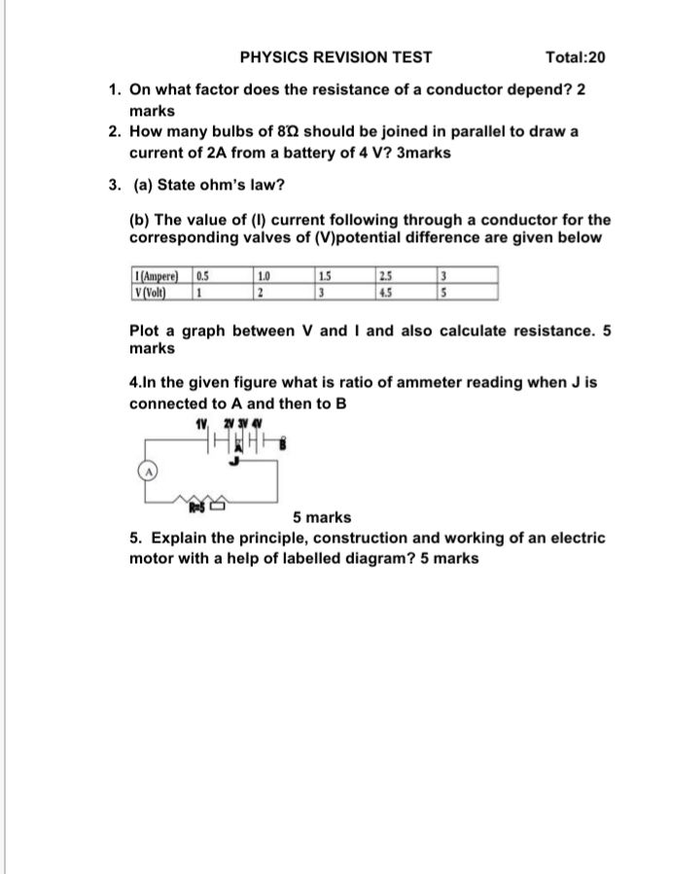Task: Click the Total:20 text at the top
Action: point(576,57)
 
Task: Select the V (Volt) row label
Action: point(154,292)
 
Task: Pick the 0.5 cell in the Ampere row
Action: point(204,276)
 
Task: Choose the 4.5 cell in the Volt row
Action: point(387,292)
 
